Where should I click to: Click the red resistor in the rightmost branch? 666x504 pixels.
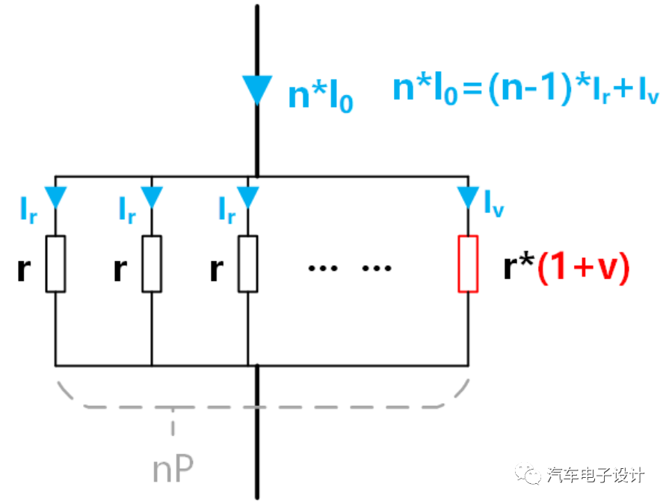tap(468, 263)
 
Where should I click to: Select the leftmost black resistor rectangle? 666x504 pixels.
tap(55, 263)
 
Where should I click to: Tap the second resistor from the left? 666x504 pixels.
tap(152, 263)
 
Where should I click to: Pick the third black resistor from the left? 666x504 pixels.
tap(247, 263)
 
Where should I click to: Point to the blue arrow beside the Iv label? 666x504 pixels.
tap(468, 197)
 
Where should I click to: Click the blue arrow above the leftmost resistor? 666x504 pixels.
tap(55, 197)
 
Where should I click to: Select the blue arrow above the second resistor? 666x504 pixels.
tap(152, 197)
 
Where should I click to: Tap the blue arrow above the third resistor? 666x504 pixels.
tap(247, 197)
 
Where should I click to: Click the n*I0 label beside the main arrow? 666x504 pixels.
tap(320, 96)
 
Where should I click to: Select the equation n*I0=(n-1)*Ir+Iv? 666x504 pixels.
tap(515, 90)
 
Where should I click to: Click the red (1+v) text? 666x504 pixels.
tap(584, 267)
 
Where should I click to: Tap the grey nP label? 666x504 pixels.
tap(173, 468)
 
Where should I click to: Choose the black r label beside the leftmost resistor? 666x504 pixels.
tap(24, 269)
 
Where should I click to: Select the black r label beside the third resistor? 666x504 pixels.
tap(217, 269)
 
